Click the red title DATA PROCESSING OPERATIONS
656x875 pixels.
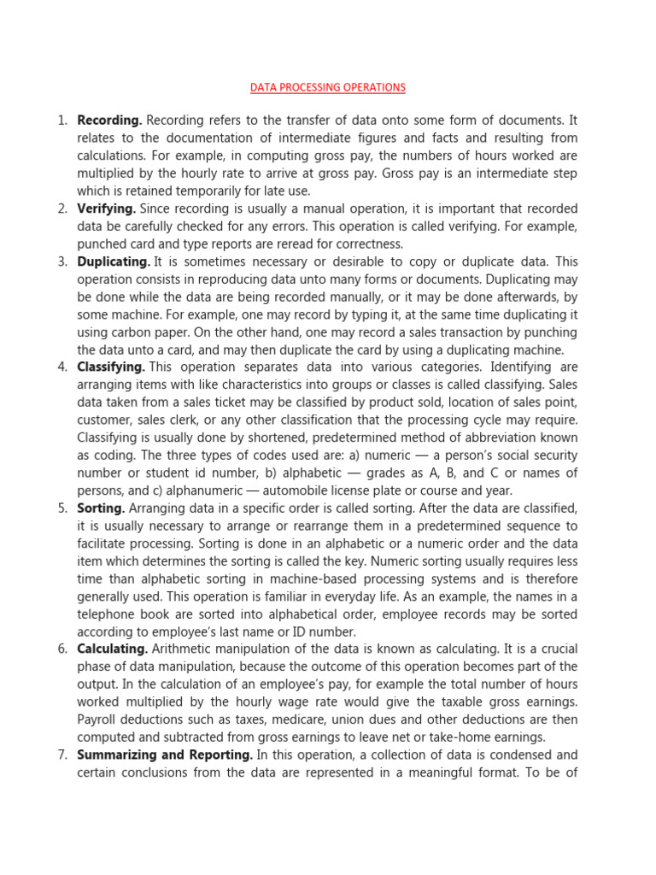327,88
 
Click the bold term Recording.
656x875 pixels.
109,120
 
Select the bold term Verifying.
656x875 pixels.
107,208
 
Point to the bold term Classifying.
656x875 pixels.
111,367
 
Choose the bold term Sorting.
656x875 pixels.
101,508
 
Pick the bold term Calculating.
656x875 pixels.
111,649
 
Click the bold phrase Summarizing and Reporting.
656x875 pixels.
165,755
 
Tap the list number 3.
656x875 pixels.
62,261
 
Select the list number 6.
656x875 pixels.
62,649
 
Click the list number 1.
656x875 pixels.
62,120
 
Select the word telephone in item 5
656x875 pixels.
108,614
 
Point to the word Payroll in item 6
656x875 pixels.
99,719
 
